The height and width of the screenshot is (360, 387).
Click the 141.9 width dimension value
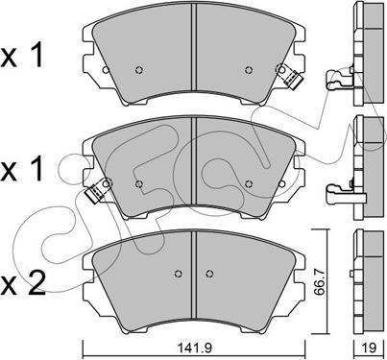click(195, 348)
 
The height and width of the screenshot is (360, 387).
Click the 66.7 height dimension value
click(319, 282)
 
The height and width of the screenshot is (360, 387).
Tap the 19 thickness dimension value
click(370, 348)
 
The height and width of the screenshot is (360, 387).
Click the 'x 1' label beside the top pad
click(22, 57)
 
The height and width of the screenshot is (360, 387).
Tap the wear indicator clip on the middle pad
click(98, 191)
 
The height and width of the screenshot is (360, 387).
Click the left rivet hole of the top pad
click(138, 69)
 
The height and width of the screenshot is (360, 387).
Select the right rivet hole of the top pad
click(249, 69)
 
